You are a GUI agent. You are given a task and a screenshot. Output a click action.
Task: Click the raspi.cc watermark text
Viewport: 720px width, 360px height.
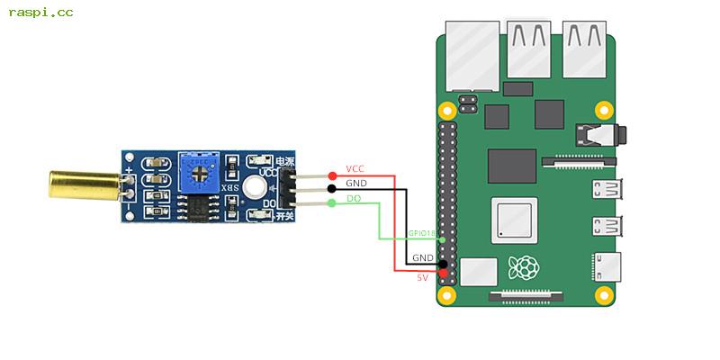tap(41, 13)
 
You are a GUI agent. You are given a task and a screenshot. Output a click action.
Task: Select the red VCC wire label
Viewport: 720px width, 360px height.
tap(355, 169)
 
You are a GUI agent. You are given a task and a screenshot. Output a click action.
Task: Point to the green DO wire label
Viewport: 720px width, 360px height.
tap(354, 197)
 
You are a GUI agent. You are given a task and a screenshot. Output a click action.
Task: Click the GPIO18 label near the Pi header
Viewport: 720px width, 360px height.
tap(421, 233)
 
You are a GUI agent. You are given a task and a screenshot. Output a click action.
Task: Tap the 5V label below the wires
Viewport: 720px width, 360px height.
tap(422, 278)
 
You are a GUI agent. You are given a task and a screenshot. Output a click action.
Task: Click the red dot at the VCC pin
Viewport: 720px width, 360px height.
tap(332, 175)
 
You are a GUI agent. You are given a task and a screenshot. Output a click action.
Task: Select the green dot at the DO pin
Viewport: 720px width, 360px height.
tap(332, 203)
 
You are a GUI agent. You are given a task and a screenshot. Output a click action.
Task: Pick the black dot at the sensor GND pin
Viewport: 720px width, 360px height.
tap(332, 189)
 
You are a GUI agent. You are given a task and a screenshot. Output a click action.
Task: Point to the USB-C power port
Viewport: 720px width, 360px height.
tap(604, 266)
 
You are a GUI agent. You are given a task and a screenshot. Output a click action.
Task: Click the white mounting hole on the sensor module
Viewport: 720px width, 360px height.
tap(255, 188)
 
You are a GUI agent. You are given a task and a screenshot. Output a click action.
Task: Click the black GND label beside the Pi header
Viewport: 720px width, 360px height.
tap(422, 258)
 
